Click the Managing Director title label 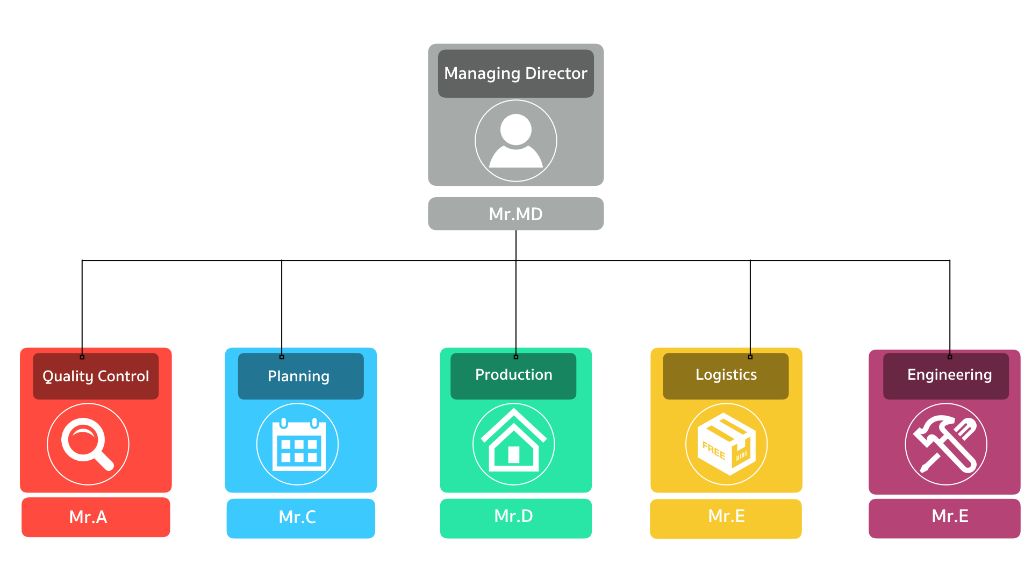(515, 74)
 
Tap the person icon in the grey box (515, 141)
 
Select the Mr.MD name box (515, 214)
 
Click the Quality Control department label (96, 376)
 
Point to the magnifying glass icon (88, 444)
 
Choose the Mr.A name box (96, 517)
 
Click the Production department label (513, 375)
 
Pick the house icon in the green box (513, 444)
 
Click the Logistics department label (726, 375)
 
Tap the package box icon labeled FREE (726, 444)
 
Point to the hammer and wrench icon (946, 444)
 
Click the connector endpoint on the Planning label (282, 357)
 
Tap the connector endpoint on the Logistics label (750, 357)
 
